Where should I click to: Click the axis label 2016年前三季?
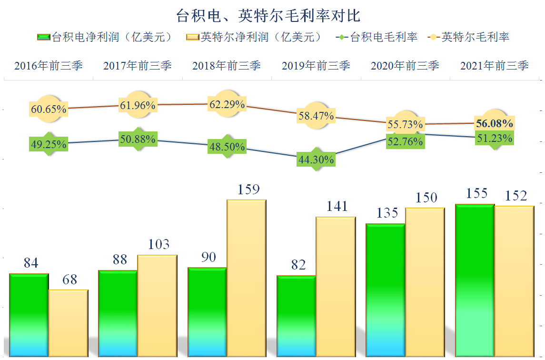[x=48, y=66]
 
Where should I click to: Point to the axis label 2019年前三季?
[x=316, y=66]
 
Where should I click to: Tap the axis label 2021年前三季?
[x=494, y=66]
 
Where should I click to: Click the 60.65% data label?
[x=48, y=109]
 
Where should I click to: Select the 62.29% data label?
[x=227, y=104]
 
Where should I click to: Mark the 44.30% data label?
[x=315, y=160]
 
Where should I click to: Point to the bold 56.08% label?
[x=494, y=124]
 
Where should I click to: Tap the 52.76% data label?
[x=405, y=141]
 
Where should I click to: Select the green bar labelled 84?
[x=29, y=314]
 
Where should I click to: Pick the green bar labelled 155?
[x=475, y=281]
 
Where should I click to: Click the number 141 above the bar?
[x=337, y=206]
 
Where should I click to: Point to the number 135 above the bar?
[x=387, y=213]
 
